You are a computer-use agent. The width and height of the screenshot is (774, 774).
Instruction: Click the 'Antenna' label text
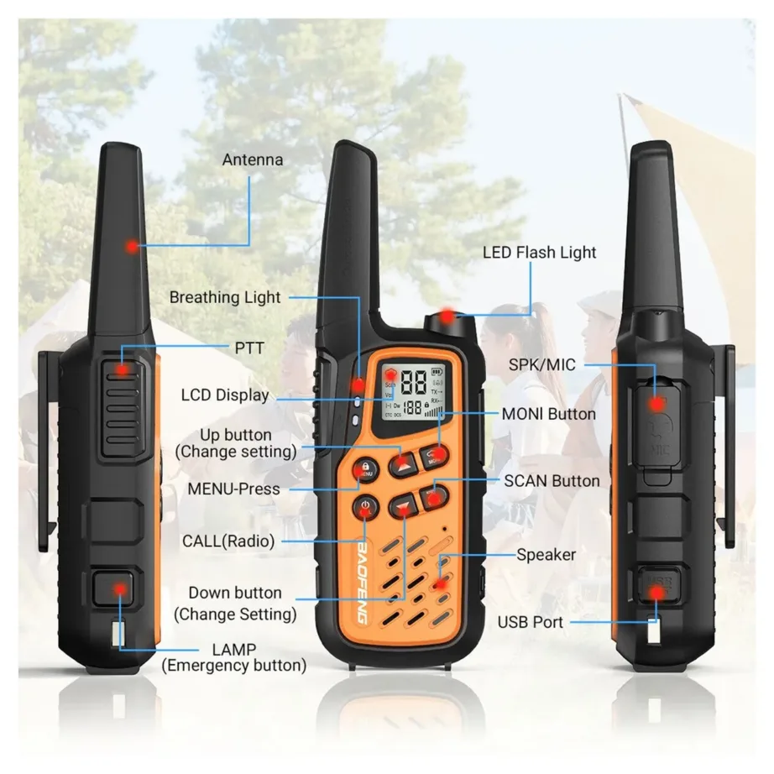point(252,160)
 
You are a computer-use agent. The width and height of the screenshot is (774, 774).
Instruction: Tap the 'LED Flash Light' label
point(539,252)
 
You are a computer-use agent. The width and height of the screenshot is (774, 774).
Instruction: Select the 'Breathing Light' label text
point(225,297)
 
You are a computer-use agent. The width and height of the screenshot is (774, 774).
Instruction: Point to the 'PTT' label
point(248,348)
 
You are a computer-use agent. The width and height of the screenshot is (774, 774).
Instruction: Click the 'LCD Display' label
point(225,395)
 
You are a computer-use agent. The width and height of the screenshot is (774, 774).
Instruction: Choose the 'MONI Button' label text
point(548,414)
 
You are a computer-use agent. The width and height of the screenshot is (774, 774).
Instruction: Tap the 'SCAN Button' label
point(552,481)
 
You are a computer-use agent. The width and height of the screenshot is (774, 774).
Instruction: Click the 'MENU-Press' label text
point(234,489)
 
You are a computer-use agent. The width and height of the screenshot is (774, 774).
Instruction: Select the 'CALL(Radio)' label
point(228,541)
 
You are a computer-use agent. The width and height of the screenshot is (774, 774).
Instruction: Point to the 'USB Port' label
point(531,622)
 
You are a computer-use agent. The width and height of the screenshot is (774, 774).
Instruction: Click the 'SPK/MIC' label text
point(542,365)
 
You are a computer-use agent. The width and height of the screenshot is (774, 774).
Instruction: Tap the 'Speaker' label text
point(546,555)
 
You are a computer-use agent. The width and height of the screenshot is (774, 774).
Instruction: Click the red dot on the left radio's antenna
point(131,246)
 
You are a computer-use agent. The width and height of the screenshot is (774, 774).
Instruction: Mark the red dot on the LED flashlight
point(447,316)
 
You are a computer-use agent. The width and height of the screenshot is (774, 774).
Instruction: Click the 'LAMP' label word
point(234,650)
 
